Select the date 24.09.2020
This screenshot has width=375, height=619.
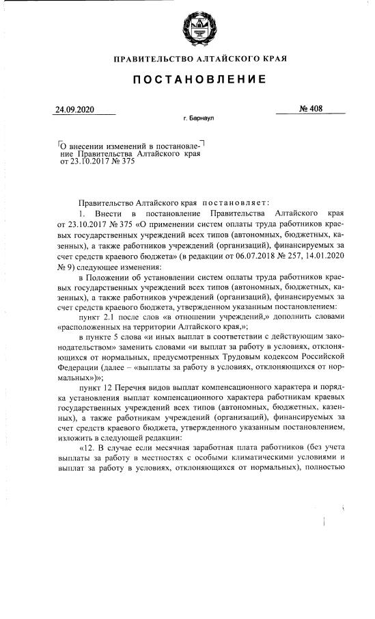pos(75,109)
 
